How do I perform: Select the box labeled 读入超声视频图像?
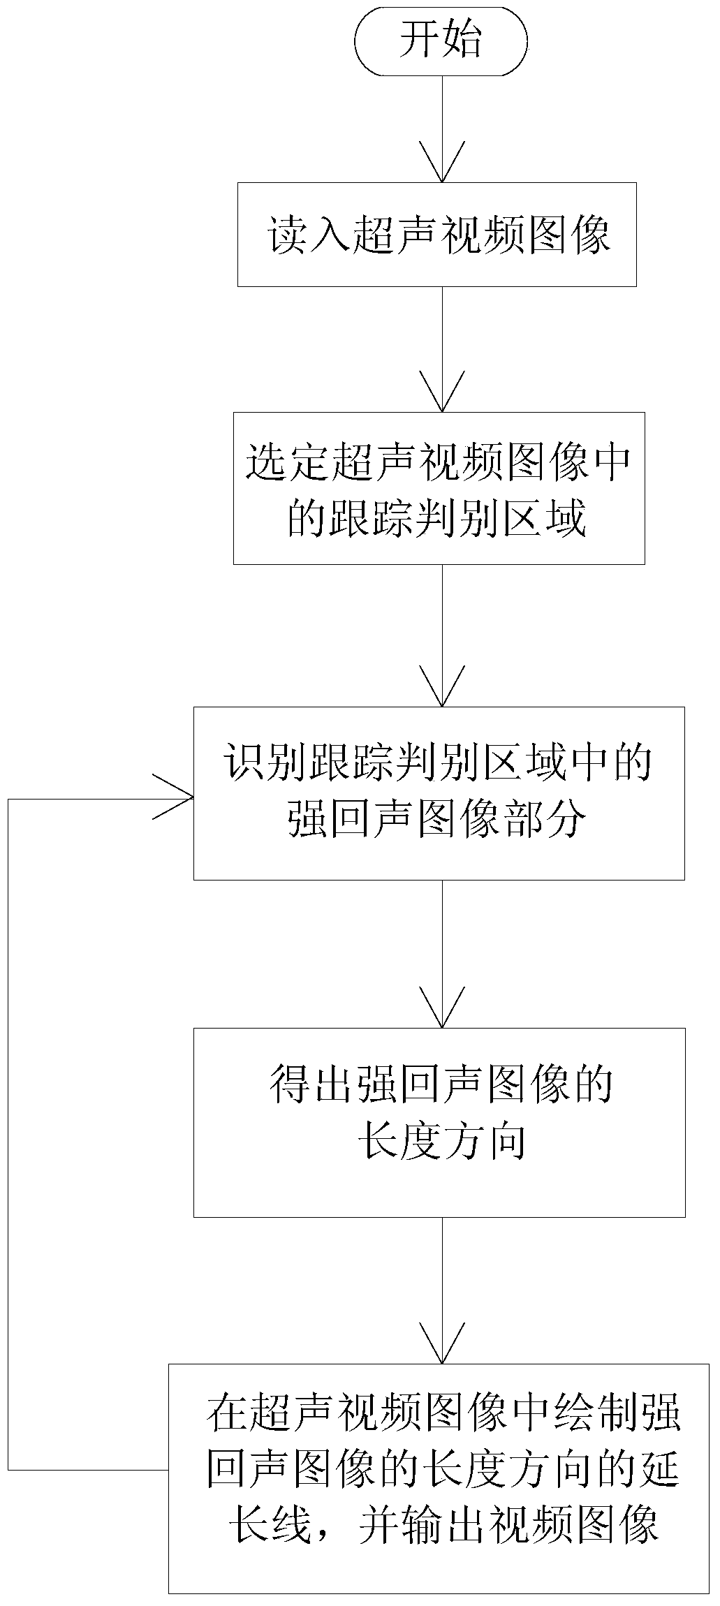click(x=437, y=234)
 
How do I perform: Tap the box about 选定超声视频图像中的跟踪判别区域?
click(x=439, y=488)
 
